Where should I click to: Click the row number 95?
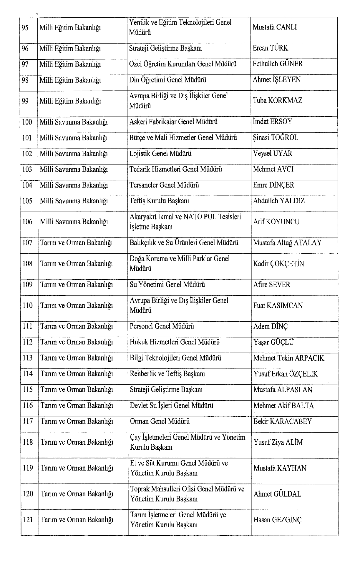pyautogui.click(x=25, y=28)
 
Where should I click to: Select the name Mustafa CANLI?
pyautogui.click(x=275, y=27)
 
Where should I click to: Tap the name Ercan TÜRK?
pyautogui.click(x=270, y=48)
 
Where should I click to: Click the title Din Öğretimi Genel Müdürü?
pyautogui.click(x=167, y=80)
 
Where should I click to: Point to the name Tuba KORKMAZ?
pyautogui.click(x=277, y=101)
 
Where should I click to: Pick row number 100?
pyautogui.click(x=27, y=122)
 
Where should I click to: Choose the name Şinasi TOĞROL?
pyautogui.click(x=276, y=137)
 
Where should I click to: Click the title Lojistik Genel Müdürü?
pyautogui.click(x=160, y=153)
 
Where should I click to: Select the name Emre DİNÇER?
pyautogui.click(x=273, y=185)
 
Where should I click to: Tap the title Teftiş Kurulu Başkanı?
pyautogui.click(x=159, y=201)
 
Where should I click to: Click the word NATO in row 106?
pyautogui.click(x=193, y=217)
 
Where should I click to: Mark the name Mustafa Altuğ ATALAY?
pyautogui.click(x=287, y=243)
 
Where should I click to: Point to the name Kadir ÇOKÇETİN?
pyautogui.click(x=278, y=264)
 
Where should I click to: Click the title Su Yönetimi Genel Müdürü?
pyautogui.click(x=167, y=285)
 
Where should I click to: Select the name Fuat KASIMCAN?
pyautogui.click(x=278, y=305)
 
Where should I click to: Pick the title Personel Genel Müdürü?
pyautogui.click(x=162, y=326)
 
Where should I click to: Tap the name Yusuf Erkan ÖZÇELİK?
pyautogui.click(x=286, y=374)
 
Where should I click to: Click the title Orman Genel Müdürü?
pyautogui.click(x=160, y=421)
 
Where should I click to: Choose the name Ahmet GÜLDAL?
pyautogui.click(x=277, y=494)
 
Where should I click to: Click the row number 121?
pyautogui.click(x=28, y=520)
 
